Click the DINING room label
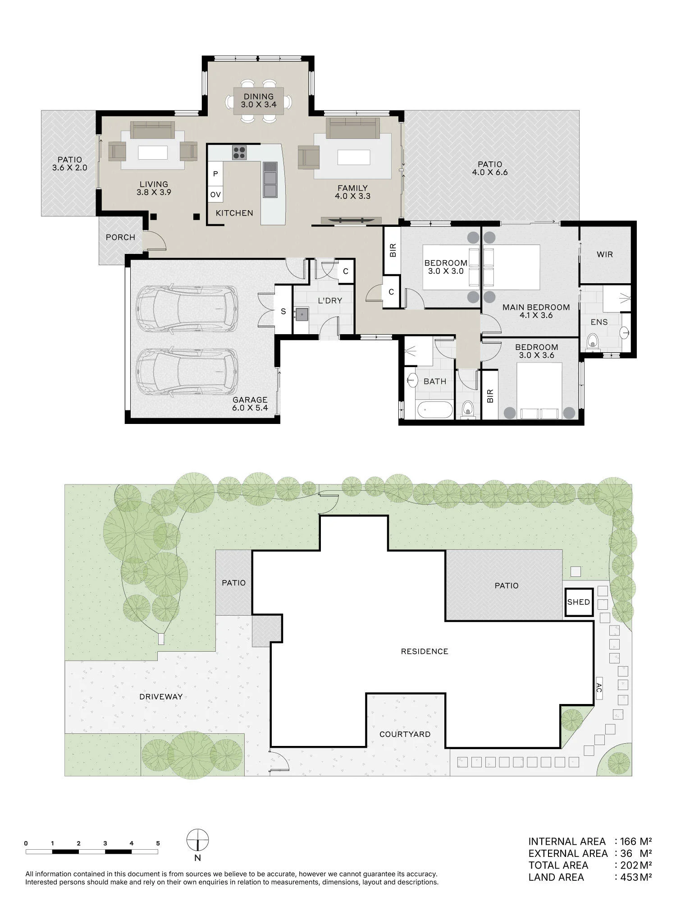click(x=259, y=97)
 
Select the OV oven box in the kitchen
click(x=215, y=195)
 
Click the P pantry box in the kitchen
click(x=215, y=174)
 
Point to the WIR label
click(x=604, y=254)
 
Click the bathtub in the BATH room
click(x=434, y=410)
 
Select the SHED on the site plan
click(x=579, y=602)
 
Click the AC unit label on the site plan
click(x=599, y=688)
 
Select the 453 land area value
click(x=629, y=877)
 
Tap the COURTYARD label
click(x=405, y=734)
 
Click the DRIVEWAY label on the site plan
click(x=161, y=696)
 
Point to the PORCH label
click(x=120, y=237)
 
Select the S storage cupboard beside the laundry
click(x=283, y=311)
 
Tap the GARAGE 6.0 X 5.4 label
click(x=250, y=404)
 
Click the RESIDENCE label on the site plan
click(x=425, y=651)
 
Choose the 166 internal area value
click(x=628, y=841)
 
